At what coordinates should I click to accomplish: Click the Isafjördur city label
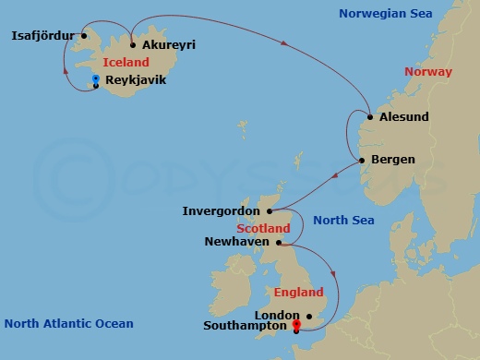[42, 36]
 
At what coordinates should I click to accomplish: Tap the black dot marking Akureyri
[133, 44]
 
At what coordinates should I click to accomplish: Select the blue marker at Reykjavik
[96, 78]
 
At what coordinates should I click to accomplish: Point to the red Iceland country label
[126, 62]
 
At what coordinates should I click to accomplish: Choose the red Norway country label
[428, 72]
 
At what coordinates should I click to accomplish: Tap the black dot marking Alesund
[369, 117]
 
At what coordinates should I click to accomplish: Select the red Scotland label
[263, 228]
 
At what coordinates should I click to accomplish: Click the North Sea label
[343, 220]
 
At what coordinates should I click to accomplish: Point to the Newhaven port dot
[278, 242]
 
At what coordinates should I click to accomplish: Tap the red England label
[298, 293]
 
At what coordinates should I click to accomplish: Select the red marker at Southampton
[295, 324]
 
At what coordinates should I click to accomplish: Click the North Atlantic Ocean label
[68, 324]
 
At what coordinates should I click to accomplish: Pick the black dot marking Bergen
[362, 160]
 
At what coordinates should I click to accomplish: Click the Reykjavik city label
[137, 80]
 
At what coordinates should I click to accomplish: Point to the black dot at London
[310, 316]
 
